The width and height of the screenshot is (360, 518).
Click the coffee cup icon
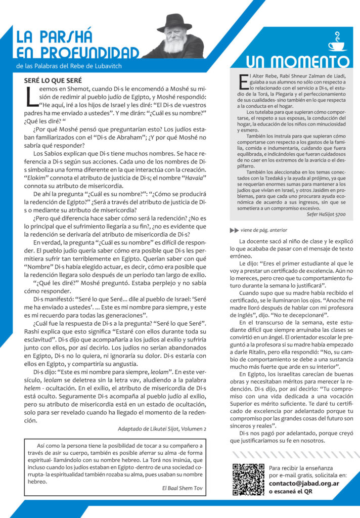click(x=336, y=41)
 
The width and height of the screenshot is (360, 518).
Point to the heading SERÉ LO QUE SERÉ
click(x=53, y=80)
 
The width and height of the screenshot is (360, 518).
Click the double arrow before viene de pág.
click(x=234, y=230)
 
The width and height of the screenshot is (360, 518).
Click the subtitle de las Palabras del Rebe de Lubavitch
click(x=69, y=66)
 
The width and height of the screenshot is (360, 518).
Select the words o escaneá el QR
click(x=290, y=491)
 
